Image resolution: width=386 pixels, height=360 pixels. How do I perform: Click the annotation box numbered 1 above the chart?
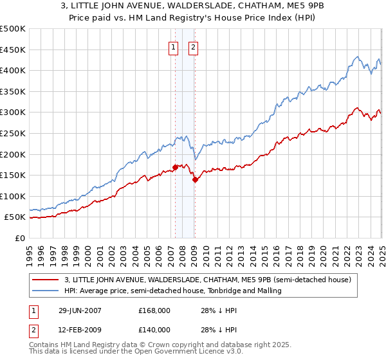pos(174,46)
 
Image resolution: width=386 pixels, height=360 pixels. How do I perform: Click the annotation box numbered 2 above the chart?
pos(193,46)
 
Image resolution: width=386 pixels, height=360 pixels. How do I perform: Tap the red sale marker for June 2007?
pos(175,168)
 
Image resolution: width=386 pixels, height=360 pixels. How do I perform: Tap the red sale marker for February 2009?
pos(194,179)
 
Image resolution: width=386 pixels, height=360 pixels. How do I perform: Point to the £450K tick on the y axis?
pos(13,50)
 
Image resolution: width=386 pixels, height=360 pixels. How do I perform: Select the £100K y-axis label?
pos(13,196)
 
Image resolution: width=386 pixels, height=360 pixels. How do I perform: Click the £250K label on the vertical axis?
pos(13,133)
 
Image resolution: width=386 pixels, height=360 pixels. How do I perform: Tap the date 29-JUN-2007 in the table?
pos(81,310)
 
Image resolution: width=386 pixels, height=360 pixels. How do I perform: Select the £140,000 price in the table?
pos(154,329)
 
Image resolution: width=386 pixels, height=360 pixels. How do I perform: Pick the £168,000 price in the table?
pos(154,310)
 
